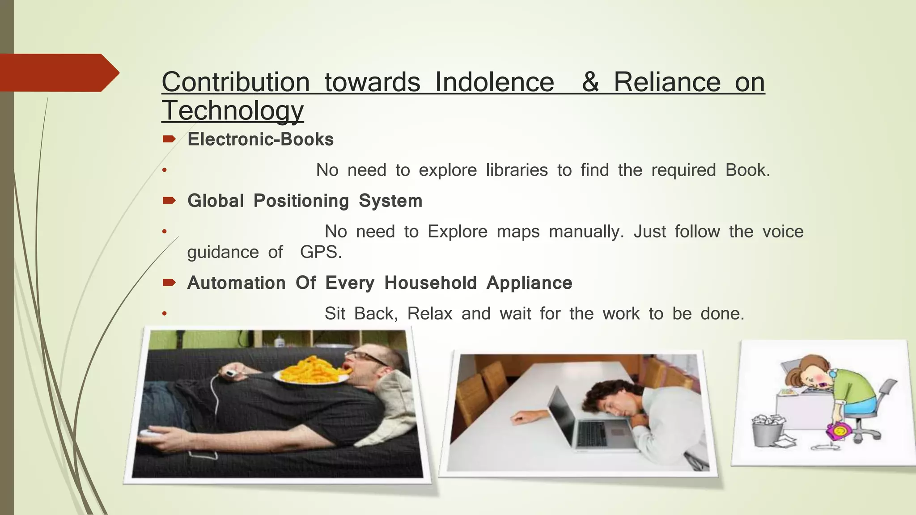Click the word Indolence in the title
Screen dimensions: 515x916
[x=494, y=82]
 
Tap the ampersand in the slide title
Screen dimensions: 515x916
[x=590, y=82]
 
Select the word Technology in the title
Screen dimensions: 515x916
[x=233, y=110]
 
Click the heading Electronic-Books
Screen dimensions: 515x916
[x=260, y=139]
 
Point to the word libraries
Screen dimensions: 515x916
[x=517, y=170]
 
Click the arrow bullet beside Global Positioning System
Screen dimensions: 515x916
[x=169, y=201]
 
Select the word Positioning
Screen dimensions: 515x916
[x=301, y=201]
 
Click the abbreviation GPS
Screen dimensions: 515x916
[x=320, y=252]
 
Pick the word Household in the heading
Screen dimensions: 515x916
[x=430, y=283]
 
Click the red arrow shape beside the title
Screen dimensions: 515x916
[x=58, y=72]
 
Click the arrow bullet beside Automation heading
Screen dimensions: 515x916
[x=169, y=283]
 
